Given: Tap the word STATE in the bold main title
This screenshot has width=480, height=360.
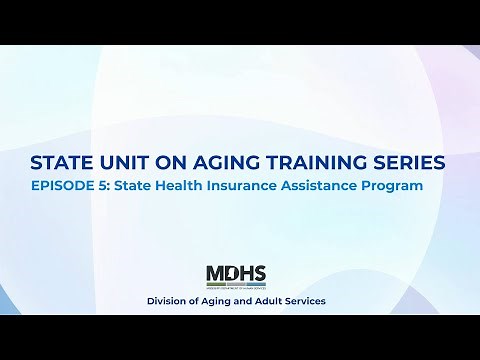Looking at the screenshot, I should (x=61, y=162).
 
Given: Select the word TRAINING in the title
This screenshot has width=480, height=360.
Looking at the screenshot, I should (x=316, y=162).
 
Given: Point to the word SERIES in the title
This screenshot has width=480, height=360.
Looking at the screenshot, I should (x=413, y=162).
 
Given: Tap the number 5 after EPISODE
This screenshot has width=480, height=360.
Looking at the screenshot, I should (x=114, y=185).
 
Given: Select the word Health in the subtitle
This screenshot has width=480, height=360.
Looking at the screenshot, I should (x=195, y=185).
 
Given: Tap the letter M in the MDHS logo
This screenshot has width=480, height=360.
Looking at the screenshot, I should (x=215, y=273).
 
